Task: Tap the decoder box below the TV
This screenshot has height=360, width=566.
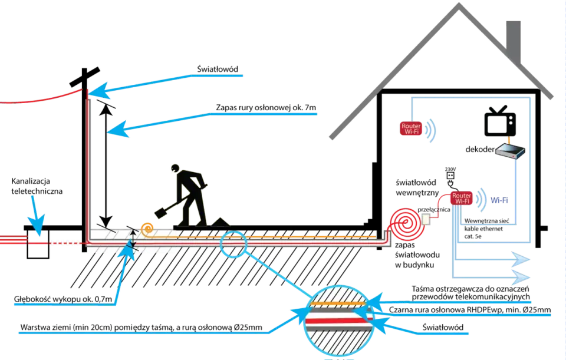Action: coord(509,151)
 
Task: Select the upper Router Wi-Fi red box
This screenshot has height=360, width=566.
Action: coord(411,129)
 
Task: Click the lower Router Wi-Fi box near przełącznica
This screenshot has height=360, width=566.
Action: coord(462,198)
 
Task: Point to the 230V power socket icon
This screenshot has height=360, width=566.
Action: coord(450,176)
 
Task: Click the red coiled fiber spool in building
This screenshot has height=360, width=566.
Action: coord(407,224)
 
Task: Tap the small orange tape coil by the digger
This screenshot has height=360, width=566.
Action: coord(147,229)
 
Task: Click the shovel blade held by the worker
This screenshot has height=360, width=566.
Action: coord(162,212)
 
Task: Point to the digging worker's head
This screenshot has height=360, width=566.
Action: coord(175,168)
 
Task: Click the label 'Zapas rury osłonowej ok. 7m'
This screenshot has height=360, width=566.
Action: coord(266,107)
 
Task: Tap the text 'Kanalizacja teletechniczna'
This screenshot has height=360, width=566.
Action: coord(37,186)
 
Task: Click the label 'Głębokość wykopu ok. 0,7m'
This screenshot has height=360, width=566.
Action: coord(63,299)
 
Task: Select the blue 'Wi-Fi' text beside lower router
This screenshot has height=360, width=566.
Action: coord(499,200)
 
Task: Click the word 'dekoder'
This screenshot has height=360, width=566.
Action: coord(480,149)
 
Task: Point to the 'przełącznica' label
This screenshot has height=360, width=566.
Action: coord(434,210)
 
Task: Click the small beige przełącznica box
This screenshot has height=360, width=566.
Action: coord(426,219)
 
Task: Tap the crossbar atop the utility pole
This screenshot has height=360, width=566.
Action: coord(85,77)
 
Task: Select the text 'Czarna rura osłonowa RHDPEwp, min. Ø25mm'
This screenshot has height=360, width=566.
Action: coord(470,309)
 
